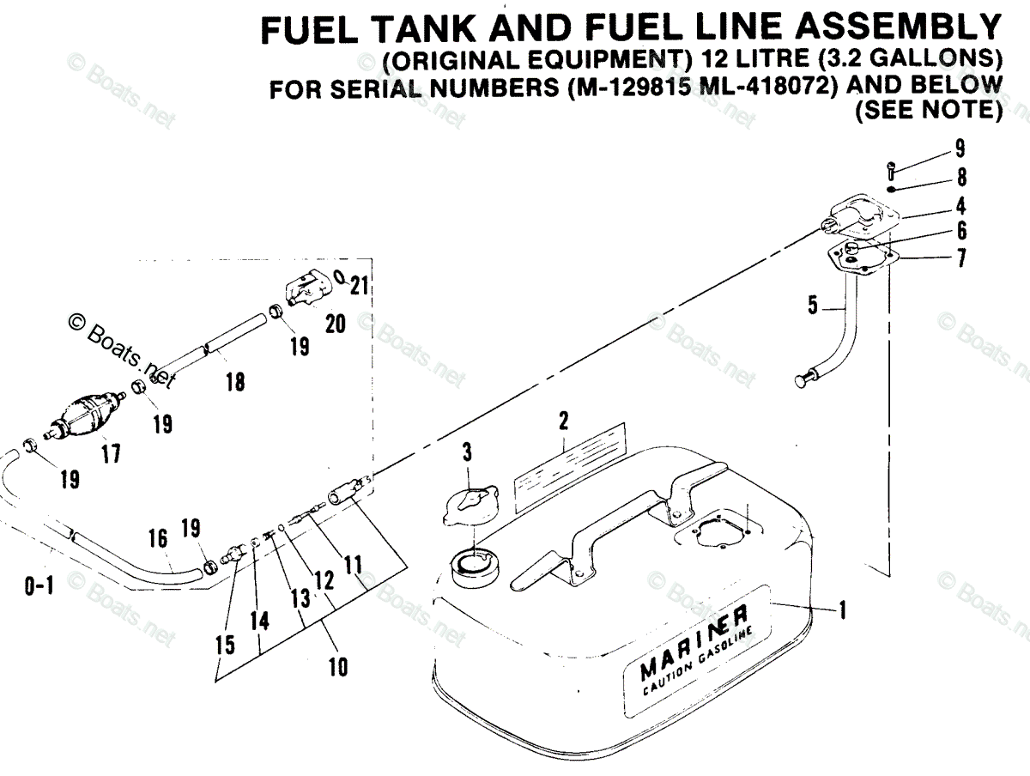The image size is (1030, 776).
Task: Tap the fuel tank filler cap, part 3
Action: tap(470, 506)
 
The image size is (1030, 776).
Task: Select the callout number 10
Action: tap(339, 665)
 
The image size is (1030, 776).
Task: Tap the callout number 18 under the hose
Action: tap(234, 382)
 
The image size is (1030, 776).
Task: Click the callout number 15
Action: tap(225, 645)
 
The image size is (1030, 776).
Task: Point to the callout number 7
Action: tap(961, 258)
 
